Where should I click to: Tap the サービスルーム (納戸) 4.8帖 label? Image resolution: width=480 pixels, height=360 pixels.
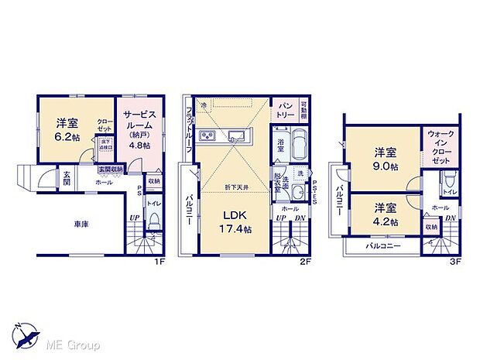(x=140, y=128)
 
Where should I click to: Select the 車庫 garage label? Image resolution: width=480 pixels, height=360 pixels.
(x=80, y=225)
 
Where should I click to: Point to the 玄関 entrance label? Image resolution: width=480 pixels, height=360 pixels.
(x=67, y=177)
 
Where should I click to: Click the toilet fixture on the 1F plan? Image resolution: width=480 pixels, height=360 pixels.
(x=154, y=225)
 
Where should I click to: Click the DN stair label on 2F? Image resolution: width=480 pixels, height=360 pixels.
(x=300, y=218)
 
